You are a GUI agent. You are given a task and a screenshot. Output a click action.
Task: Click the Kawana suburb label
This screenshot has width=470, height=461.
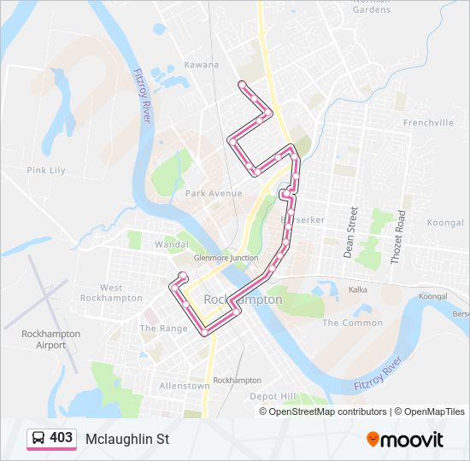203,65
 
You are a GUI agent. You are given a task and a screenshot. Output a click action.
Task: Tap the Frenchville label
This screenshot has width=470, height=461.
428,123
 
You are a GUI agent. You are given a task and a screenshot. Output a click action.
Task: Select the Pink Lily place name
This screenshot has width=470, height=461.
46,171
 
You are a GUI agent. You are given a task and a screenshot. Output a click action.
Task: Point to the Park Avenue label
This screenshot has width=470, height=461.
214,194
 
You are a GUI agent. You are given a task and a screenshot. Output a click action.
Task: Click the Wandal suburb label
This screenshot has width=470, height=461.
171,244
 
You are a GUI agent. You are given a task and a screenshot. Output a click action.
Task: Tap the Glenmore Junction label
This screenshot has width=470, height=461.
226,258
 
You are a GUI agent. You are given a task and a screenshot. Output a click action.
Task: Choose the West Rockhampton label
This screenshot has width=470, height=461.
111,293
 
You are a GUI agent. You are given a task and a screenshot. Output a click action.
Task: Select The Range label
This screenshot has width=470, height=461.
163,329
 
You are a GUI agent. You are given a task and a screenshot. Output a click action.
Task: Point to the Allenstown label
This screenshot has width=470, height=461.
185,386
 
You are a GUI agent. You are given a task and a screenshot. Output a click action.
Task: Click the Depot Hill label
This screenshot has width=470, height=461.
273,396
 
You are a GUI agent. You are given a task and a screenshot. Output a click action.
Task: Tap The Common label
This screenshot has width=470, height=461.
352,323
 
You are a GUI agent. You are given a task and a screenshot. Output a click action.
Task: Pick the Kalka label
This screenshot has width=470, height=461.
357,289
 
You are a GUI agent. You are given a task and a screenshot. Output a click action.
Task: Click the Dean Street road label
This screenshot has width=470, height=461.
350,230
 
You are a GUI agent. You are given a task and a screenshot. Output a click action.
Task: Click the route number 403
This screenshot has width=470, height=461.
61,438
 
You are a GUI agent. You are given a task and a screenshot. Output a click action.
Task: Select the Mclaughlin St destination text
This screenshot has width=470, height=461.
127,439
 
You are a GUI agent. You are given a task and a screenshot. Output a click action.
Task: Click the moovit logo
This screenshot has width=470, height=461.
405,440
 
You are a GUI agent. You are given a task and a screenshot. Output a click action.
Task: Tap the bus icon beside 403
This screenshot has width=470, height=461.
38,439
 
